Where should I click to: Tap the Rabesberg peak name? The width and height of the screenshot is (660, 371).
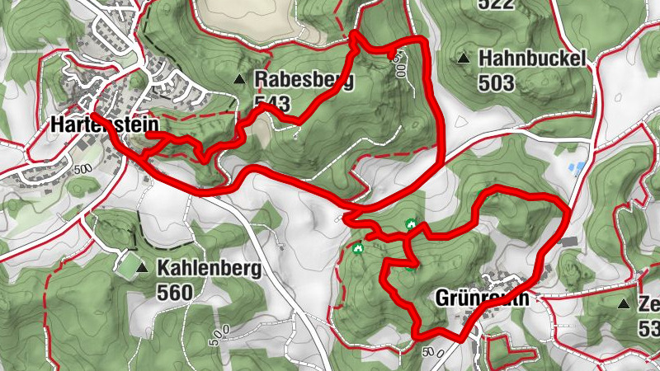coord(304,80)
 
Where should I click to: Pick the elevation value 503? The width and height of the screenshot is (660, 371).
coord(495,82)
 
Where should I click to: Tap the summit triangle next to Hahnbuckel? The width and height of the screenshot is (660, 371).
coord(464,59)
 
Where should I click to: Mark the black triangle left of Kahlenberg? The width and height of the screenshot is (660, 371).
coord(142,268)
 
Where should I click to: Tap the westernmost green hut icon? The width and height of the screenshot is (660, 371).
coord(357,247)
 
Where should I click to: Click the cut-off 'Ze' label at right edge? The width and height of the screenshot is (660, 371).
coord(648,304)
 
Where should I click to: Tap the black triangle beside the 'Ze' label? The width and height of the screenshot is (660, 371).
coord(623,304)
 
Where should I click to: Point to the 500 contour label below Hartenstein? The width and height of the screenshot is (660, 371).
coord(83,168)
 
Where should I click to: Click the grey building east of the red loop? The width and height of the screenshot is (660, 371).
coord(569,241)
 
